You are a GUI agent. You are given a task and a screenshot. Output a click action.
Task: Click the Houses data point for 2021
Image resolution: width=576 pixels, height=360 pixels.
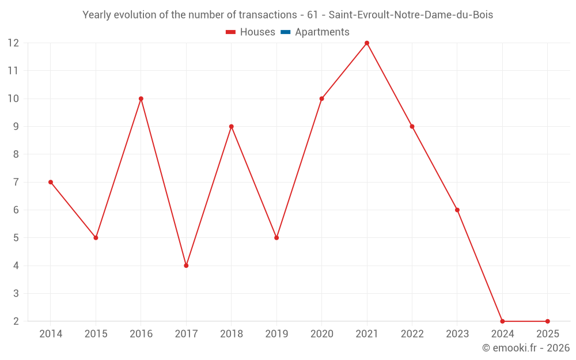point(367,43)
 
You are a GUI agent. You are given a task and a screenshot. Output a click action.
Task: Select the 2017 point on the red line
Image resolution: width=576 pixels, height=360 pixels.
point(186,266)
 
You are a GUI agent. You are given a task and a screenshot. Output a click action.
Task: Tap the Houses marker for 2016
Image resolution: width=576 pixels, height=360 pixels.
point(141,98)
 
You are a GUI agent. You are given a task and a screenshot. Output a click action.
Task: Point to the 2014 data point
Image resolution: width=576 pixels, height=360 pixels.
point(51,182)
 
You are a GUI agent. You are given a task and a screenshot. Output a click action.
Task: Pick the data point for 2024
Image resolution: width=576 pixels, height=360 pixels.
point(502,321)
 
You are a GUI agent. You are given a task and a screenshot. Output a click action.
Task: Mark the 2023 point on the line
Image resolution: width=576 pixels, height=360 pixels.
point(457,210)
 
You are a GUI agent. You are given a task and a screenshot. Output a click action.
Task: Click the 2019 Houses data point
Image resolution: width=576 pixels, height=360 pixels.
point(276,238)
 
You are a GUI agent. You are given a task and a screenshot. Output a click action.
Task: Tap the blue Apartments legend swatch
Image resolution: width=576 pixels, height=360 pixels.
point(286,32)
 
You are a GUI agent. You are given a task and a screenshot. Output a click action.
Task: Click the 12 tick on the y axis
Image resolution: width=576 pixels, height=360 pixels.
point(13,43)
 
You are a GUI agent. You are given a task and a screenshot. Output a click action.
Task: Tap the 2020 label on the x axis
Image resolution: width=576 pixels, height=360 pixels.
point(321,334)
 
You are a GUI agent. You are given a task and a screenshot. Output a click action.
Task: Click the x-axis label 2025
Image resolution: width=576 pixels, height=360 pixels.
point(547,334)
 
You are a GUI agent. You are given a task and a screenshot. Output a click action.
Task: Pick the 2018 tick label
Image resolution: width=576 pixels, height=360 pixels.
point(231,334)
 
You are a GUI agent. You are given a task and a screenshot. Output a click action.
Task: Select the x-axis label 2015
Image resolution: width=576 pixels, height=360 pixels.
point(96,334)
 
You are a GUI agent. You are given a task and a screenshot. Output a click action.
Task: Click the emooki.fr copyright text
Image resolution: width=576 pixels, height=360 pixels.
point(526,348)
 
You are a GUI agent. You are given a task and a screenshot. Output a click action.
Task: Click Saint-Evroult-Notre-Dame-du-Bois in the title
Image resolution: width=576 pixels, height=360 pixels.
point(411,15)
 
